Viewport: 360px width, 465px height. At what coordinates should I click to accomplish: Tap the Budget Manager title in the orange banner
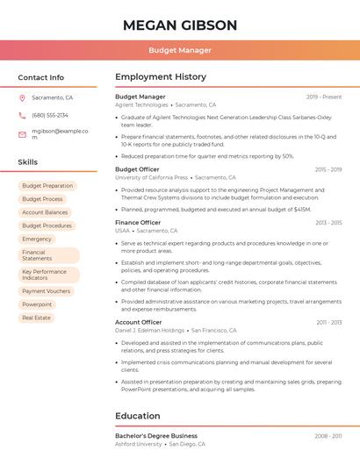(180, 50)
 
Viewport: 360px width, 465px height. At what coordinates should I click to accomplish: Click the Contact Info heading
(41, 77)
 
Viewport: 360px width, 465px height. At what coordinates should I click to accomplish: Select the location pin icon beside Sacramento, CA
(22, 98)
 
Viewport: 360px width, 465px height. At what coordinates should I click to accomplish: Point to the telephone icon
(22, 115)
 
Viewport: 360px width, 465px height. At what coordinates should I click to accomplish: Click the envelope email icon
(22, 134)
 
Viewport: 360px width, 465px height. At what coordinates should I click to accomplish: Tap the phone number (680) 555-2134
(50, 115)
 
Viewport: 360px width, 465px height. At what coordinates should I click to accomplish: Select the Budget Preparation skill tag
(47, 186)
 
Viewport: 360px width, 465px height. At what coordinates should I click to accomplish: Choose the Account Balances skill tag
(45, 212)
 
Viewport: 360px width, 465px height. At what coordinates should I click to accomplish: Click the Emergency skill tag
(37, 239)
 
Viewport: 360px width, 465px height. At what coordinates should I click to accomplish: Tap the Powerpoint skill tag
(37, 304)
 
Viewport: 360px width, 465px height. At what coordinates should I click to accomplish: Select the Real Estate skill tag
(37, 318)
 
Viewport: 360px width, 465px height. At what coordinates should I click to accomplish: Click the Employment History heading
(161, 77)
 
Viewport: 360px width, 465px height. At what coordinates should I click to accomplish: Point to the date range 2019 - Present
(324, 97)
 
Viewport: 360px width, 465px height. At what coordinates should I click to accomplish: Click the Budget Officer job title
(137, 169)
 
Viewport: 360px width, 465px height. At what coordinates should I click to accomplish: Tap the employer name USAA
(123, 231)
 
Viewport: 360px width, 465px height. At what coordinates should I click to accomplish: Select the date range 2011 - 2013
(328, 322)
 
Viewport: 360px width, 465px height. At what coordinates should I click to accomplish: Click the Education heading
(137, 416)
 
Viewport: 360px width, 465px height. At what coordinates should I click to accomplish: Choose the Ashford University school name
(139, 444)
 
